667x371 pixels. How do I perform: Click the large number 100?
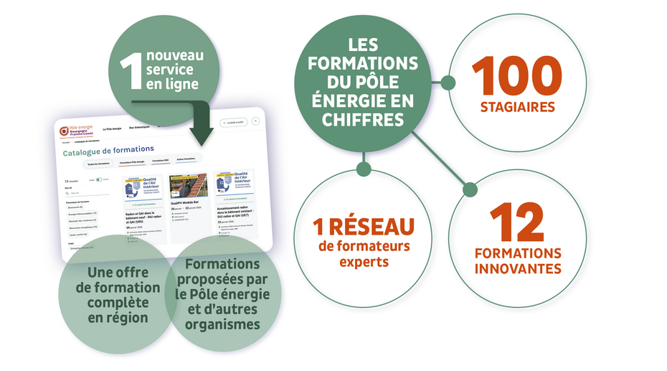pos(517,75)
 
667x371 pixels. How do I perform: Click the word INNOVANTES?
pos(517,269)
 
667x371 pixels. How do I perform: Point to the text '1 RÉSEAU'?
pos(364,227)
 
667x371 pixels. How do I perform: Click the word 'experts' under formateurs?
pos(364,261)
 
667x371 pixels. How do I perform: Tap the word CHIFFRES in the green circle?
pos(363,120)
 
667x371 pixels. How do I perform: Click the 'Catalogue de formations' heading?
pos(108,151)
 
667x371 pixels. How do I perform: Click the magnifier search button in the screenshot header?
pos(256,121)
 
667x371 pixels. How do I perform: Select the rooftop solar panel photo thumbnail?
pos(189,187)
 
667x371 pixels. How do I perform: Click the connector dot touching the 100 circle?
pos(448,83)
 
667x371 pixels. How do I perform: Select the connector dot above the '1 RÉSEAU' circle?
pos(364,169)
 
